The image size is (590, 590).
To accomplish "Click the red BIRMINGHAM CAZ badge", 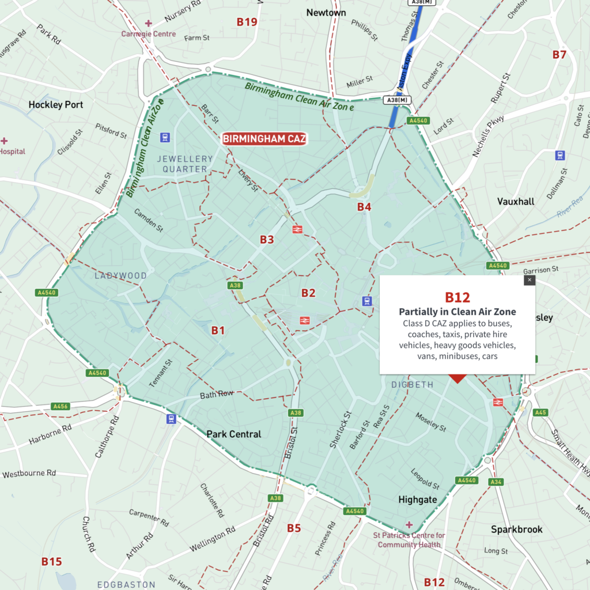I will pos(264,139).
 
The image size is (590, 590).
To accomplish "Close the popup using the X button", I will pos(530,280).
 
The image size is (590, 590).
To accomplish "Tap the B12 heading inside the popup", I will pos(457,297).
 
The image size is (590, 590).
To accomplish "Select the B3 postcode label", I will pos(266,240).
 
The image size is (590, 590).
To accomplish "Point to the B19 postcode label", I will pos(247,22).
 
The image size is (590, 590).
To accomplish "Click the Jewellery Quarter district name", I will pos(184,164).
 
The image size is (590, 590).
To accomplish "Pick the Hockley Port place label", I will pos(56,105).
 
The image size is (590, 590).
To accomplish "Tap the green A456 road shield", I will pos(60,406).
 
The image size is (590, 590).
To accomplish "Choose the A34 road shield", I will pos(496,482).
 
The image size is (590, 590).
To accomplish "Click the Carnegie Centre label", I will pos(148,34).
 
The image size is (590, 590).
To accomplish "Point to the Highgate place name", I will pos(418,500).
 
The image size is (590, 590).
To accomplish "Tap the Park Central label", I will pos(233,434).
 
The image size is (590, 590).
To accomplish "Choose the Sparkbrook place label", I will pos(516,529).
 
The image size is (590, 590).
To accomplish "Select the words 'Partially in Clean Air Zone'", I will pos(457,312).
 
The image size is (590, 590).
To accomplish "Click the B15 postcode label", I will pos(51,561).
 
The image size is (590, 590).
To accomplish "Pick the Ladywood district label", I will pos(120,276).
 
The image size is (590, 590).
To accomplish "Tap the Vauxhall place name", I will pos(516,202).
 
